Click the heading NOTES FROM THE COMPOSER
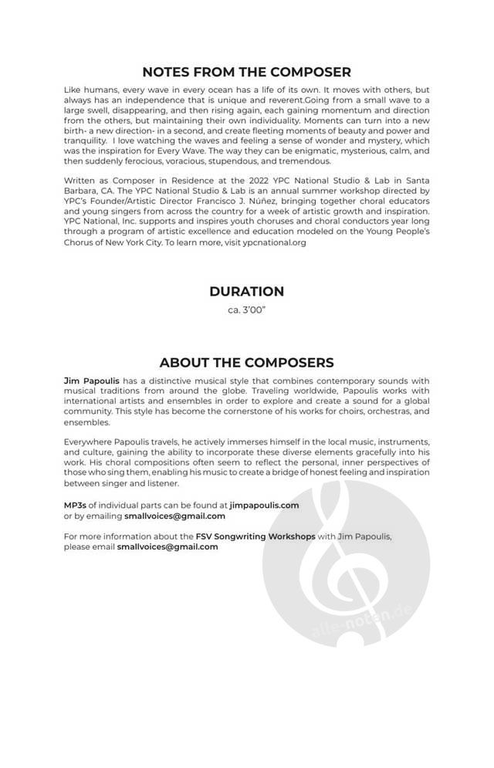pyautogui.click(x=246, y=73)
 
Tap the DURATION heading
pyautogui.click(x=246, y=292)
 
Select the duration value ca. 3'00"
pyautogui.click(x=246, y=310)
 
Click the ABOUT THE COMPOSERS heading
pyautogui.click(x=246, y=363)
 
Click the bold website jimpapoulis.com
pyautogui.click(x=264, y=506)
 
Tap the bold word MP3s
pyautogui.click(x=76, y=506)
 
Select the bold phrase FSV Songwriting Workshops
pyautogui.click(x=255, y=536)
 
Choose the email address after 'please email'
pyautogui.click(x=167, y=546)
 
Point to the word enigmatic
pyautogui.click(x=325, y=151)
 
